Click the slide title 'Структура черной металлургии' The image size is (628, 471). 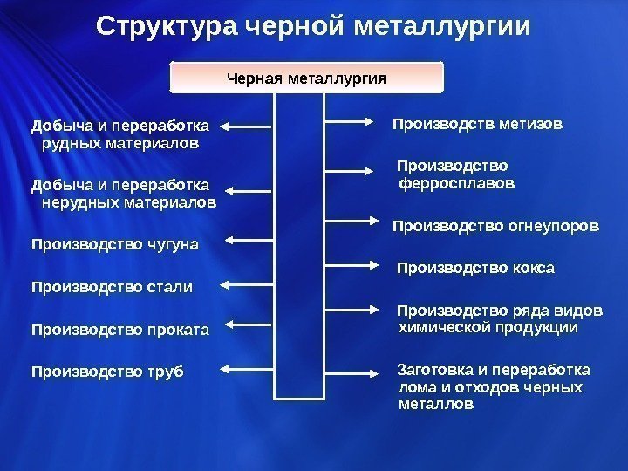313,27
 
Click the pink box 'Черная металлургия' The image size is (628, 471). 306,78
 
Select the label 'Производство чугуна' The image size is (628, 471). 115,244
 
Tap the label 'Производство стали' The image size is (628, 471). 112,286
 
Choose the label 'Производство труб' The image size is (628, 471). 107,372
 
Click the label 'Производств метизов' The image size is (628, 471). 478,124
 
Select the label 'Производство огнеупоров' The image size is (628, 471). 496,227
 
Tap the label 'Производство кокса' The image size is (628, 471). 476,267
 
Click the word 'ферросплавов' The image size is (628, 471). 456,184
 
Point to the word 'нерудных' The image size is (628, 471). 73,202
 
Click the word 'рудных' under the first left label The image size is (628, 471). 67,141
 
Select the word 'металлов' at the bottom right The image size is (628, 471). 436,405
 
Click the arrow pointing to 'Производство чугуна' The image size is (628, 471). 250,239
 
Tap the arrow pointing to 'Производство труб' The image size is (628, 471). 250,370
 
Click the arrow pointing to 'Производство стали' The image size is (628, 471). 250,283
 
